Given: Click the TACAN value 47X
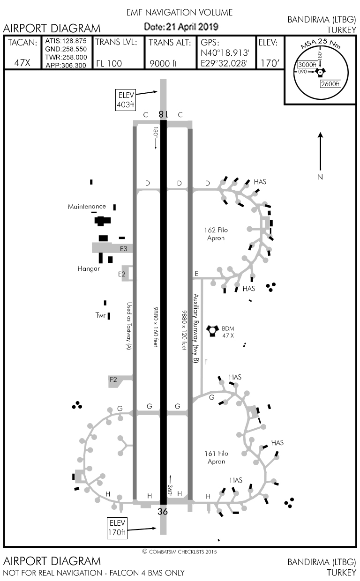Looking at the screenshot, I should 22,63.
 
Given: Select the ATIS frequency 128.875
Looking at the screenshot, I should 66,41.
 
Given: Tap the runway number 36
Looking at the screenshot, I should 162,512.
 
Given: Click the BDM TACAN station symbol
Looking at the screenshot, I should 213,330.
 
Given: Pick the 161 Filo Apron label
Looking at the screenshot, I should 217,457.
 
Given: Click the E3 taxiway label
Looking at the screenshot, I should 123,249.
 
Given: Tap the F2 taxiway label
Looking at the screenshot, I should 113,380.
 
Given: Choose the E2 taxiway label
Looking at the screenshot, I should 122,274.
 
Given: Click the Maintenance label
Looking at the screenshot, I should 87,207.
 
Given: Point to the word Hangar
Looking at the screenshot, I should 89,269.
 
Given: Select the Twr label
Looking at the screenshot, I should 100,315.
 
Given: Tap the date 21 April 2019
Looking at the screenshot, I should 181,27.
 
